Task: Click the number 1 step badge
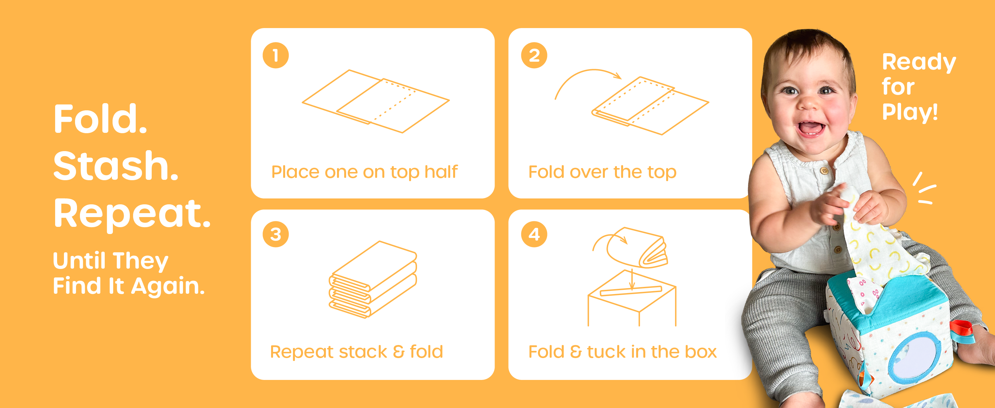[x=276, y=55]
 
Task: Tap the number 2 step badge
[x=534, y=55]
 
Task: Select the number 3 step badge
[x=276, y=234]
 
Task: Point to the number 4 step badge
[x=534, y=234]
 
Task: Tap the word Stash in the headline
[x=115, y=166]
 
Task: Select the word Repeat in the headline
[x=132, y=213]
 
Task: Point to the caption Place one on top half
[x=364, y=172]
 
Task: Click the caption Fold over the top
[x=602, y=172]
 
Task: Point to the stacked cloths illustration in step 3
[x=373, y=280]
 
